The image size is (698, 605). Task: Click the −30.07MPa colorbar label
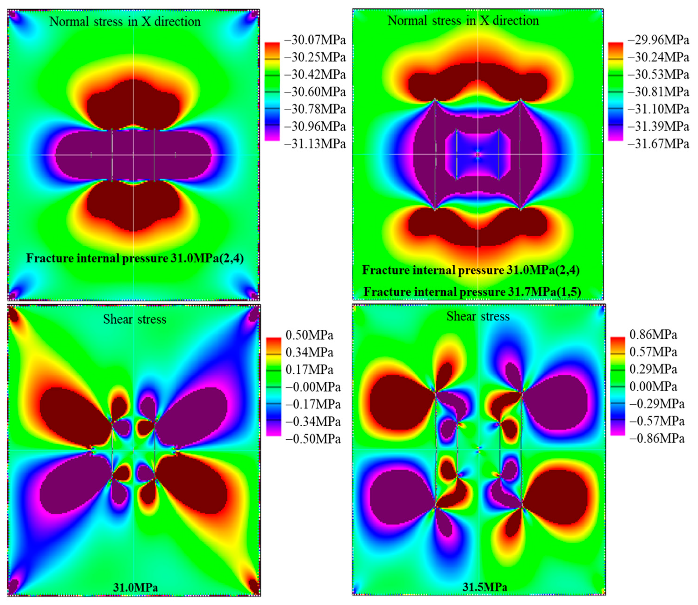pyautogui.click(x=315, y=40)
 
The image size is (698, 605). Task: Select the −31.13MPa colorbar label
pyautogui.click(x=315, y=144)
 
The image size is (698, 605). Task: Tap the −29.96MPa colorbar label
pyautogui.click(x=658, y=40)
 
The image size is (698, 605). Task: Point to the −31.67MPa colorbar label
pyautogui.click(x=658, y=144)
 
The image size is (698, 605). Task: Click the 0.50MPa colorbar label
pyautogui.click(x=309, y=335)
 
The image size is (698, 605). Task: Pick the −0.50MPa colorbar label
pyautogui.click(x=313, y=439)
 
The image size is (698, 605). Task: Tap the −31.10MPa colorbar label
pyautogui.click(x=658, y=109)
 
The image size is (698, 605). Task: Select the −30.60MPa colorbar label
pyautogui.click(x=315, y=92)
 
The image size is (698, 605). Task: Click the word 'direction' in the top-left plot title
pyautogui.click(x=177, y=21)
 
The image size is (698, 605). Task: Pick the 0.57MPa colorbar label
pyautogui.click(x=653, y=352)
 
